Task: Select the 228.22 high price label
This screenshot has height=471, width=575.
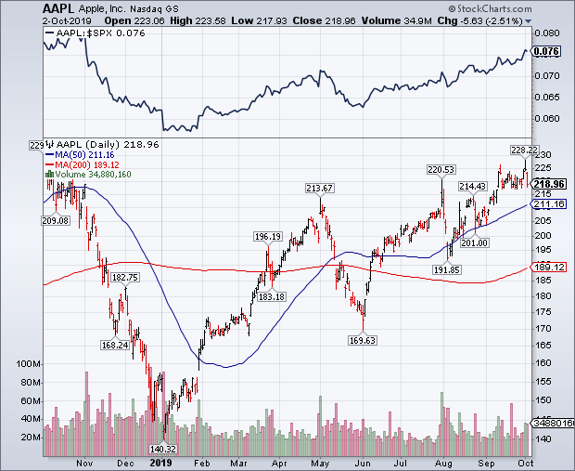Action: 523,150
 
